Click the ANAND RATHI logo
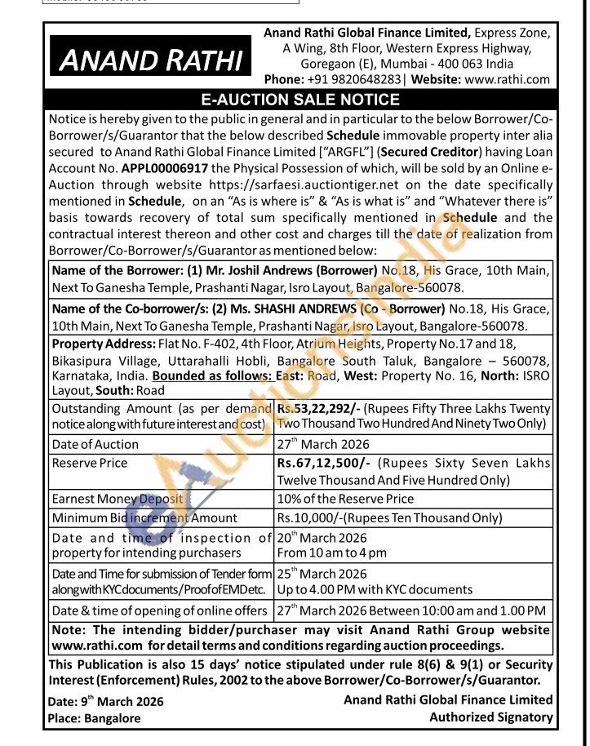click(x=152, y=60)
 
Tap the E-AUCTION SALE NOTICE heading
click(x=300, y=100)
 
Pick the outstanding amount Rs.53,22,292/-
click(x=319, y=407)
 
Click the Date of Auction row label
click(x=95, y=445)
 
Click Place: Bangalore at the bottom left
click(x=95, y=719)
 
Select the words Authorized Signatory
click(x=491, y=717)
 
